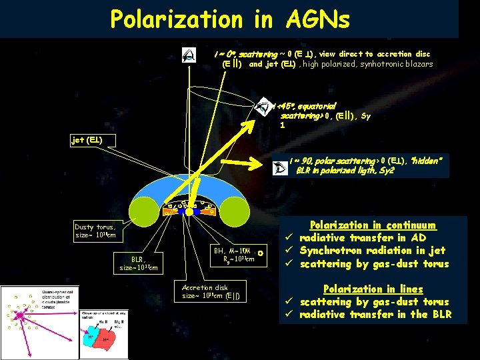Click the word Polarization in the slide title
pos(176,19)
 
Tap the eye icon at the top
pos(190,56)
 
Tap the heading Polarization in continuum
pos(373,225)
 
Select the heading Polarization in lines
pos(373,289)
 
